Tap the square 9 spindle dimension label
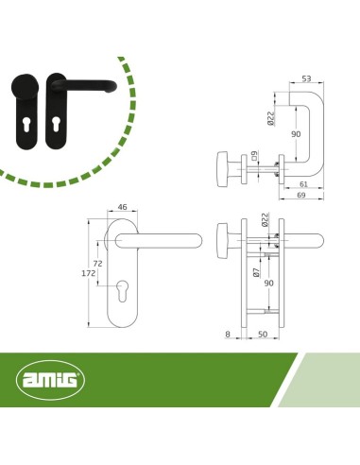point(256,156)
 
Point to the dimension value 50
point(262,335)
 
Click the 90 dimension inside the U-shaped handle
point(296,134)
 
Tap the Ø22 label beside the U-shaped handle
point(271,118)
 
